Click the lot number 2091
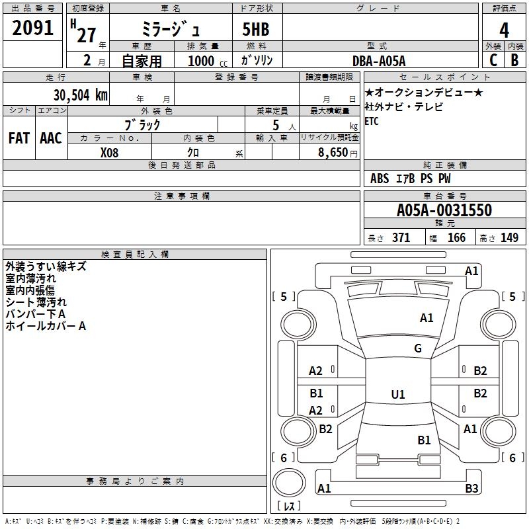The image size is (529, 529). tap(32, 28)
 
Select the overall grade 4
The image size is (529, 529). tap(504, 30)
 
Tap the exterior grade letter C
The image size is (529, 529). tap(493, 60)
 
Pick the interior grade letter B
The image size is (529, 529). tap(514, 60)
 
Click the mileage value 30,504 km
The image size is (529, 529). tap(80, 95)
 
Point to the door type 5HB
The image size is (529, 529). tap(256, 29)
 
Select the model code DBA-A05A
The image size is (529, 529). tap(379, 61)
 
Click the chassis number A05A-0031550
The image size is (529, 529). tap(444, 210)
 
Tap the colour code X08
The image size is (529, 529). tap(109, 153)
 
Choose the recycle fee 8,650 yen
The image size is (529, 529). tap(337, 153)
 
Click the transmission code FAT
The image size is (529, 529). tap(19, 138)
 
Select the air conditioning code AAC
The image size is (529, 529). tap(51, 138)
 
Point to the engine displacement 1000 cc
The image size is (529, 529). tap(208, 61)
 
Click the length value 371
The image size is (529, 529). tap(401, 237)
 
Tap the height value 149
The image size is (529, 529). tap(509, 237)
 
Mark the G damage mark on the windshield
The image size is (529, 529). tap(418, 348)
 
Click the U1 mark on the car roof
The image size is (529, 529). tap(398, 394)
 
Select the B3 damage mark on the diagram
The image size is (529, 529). tap(471, 488)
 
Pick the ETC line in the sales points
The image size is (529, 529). tap(372, 121)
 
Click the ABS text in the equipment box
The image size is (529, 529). tap(379, 179)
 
